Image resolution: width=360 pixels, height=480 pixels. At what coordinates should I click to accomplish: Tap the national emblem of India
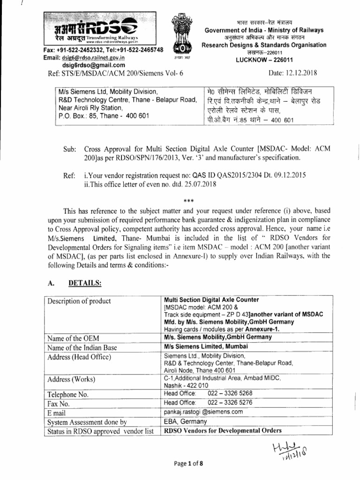pyautogui.click(x=180, y=34)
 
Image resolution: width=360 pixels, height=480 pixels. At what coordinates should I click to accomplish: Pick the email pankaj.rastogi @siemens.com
pyautogui.click(x=203, y=412)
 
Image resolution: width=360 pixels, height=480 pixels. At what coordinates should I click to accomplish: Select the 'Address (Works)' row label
pyautogui.click(x=72, y=379)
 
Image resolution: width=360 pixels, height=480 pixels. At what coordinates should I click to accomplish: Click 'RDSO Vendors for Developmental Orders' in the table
pyautogui.click(x=223, y=430)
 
